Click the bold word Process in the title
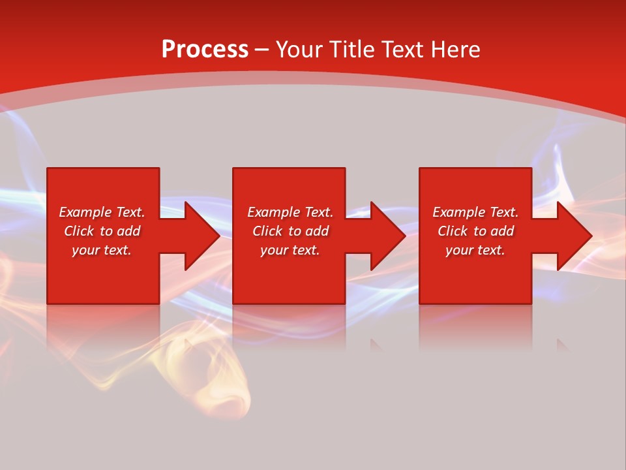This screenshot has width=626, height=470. click(205, 50)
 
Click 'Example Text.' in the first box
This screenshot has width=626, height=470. click(102, 212)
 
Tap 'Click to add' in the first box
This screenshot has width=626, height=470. click(102, 231)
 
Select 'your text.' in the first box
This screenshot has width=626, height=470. click(102, 250)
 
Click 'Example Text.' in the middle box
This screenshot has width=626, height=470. click(290, 212)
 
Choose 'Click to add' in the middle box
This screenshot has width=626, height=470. click(290, 231)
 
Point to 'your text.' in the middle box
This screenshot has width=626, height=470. click(290, 250)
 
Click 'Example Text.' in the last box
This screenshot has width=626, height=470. click(475, 212)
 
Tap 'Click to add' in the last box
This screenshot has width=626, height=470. click(475, 231)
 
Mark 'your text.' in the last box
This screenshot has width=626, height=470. click(475, 250)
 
